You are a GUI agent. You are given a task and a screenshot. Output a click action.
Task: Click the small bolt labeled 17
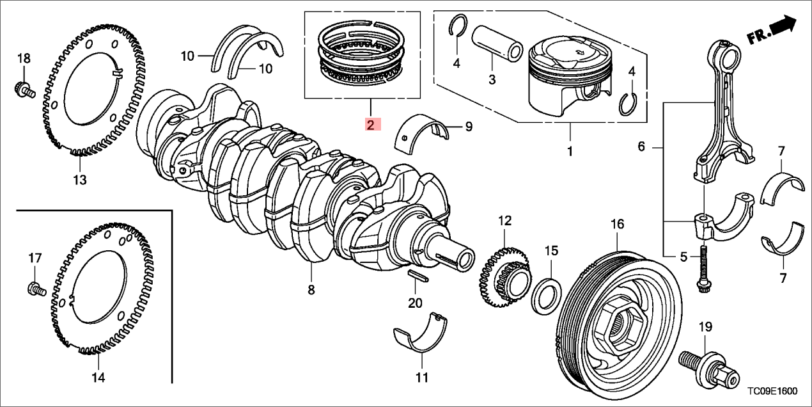pyautogui.click(x=36, y=290)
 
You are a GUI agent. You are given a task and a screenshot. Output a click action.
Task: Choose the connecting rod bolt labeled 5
pyautogui.click(x=702, y=269)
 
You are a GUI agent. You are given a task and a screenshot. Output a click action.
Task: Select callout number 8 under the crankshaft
pyautogui.click(x=311, y=290)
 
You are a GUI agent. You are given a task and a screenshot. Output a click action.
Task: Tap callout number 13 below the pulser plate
pyautogui.click(x=79, y=180)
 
